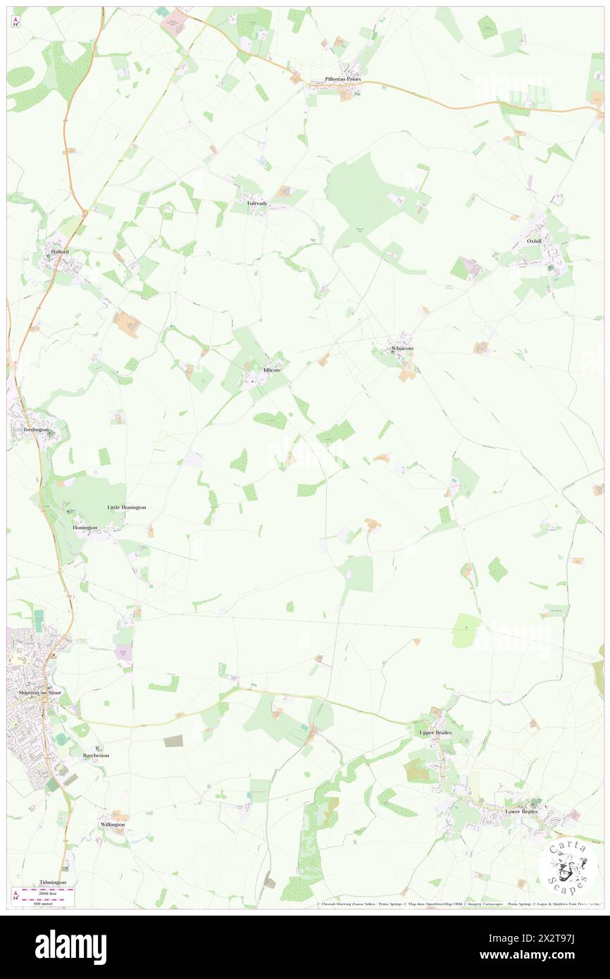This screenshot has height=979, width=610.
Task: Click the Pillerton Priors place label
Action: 342,80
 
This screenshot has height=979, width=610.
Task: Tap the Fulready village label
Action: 257,203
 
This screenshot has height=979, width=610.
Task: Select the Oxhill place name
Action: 535,241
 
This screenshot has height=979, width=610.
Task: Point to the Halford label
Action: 58,251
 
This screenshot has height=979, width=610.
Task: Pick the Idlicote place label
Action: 271,370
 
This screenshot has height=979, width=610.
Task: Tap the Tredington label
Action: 35,430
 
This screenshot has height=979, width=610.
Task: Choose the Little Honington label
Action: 127,507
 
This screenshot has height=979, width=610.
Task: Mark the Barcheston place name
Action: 96,755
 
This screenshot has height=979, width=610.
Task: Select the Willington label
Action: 112,824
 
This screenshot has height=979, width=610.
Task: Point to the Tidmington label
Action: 53,882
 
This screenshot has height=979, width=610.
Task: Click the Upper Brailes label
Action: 435,732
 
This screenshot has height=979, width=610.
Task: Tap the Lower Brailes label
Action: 521,811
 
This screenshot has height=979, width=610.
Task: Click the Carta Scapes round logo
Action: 568,865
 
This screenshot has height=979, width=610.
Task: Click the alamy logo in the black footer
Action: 70,947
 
